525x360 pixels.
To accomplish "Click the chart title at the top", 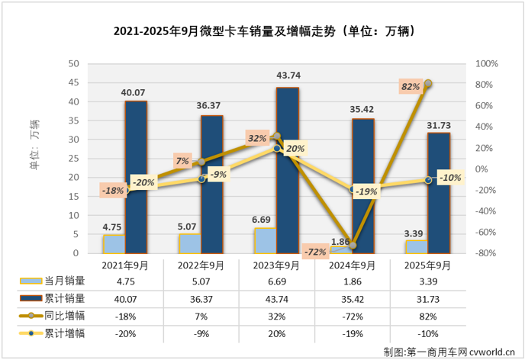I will click(262, 31).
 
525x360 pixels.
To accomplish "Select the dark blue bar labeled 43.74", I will click(287, 169).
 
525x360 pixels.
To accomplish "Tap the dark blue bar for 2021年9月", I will click(136, 176).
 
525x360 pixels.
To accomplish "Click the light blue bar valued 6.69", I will click(265, 239).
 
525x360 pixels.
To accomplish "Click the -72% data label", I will click(314, 251).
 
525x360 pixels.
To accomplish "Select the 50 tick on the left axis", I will click(75, 63).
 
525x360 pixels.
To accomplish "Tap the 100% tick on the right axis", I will click(486, 63).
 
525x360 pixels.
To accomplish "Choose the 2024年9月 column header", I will click(352, 266).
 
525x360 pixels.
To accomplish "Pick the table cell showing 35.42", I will click(352, 300).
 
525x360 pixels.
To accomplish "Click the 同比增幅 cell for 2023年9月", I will click(276, 316).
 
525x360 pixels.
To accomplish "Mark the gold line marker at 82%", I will click(428, 83).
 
